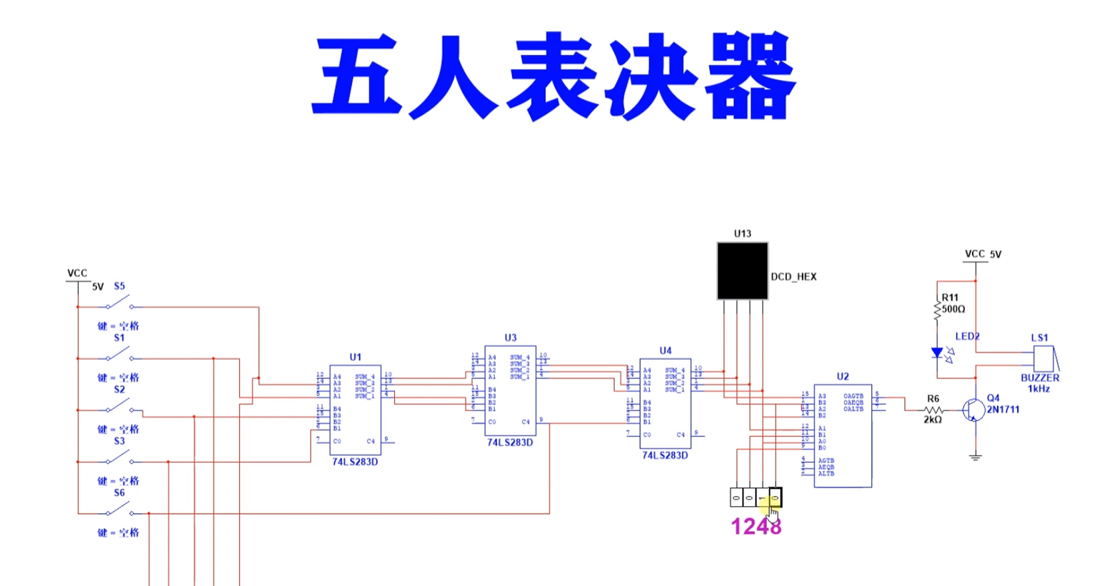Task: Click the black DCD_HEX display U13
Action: point(742,271)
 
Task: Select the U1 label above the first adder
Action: point(355,357)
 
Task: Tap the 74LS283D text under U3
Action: point(510,443)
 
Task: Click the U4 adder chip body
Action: point(665,404)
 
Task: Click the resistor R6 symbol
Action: point(933,410)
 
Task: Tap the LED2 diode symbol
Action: point(938,353)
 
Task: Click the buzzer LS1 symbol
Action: point(1044,358)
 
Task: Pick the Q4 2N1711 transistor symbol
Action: point(972,410)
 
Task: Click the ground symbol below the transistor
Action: point(975,456)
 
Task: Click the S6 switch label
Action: point(119,492)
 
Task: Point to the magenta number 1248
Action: point(756,527)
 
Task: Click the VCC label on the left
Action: point(77,273)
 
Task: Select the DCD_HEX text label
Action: point(793,277)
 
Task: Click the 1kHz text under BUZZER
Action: point(1038,389)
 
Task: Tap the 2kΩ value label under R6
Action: point(933,420)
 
